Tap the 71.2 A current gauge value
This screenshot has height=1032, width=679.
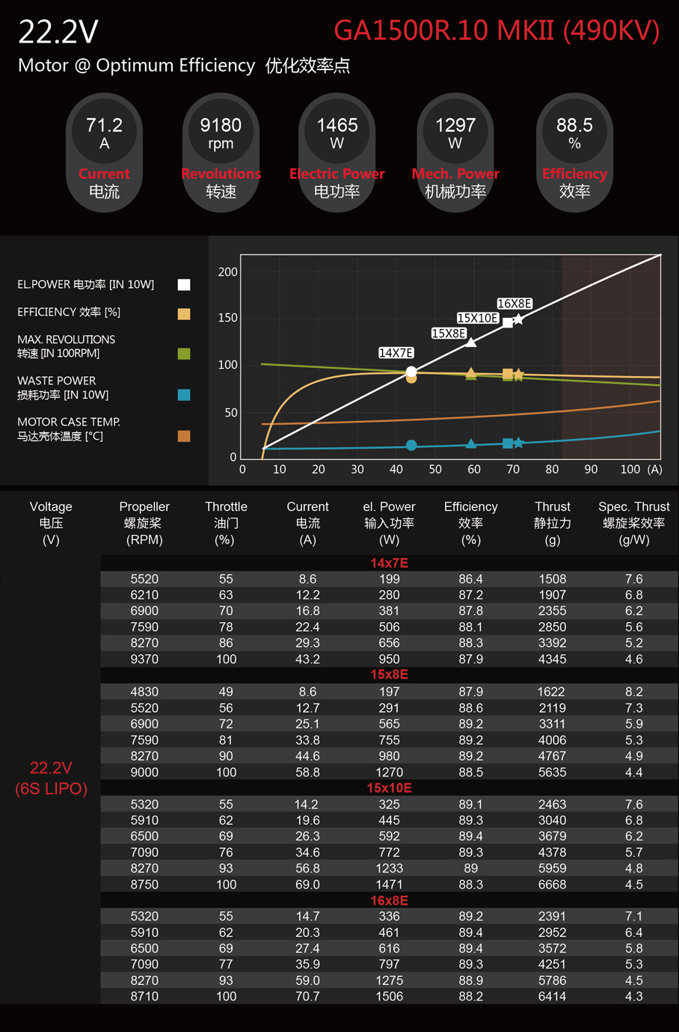coord(104,126)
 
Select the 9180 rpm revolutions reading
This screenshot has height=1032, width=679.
coord(221,126)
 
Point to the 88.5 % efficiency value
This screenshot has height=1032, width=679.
coord(574,126)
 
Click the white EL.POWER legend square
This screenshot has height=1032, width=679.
coord(184,284)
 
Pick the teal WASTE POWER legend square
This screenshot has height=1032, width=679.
coord(184,394)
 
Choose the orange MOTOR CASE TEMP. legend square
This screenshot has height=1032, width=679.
coord(184,436)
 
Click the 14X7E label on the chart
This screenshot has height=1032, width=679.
coord(396,353)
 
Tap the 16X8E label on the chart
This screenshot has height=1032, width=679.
coord(514,304)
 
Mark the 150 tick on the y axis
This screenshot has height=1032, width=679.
coord(227,318)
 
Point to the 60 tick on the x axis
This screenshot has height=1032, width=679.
coord(474,470)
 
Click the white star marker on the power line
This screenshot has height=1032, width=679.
coord(518,319)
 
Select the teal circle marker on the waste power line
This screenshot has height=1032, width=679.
coord(411,446)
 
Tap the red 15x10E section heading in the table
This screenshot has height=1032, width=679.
coord(389,788)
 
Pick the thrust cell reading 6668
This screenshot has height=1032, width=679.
coord(552,885)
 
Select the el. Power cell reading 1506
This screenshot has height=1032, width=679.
coord(389,997)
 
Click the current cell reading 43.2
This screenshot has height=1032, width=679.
coord(307,660)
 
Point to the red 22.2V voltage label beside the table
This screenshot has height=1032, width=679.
coord(51,768)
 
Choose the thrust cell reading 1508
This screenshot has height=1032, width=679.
coord(552,580)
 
